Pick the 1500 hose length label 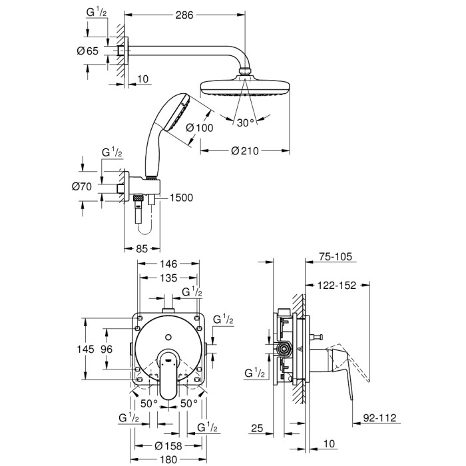click(x=182, y=197)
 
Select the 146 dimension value click(x=167, y=264)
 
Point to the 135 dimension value click(x=167, y=278)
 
